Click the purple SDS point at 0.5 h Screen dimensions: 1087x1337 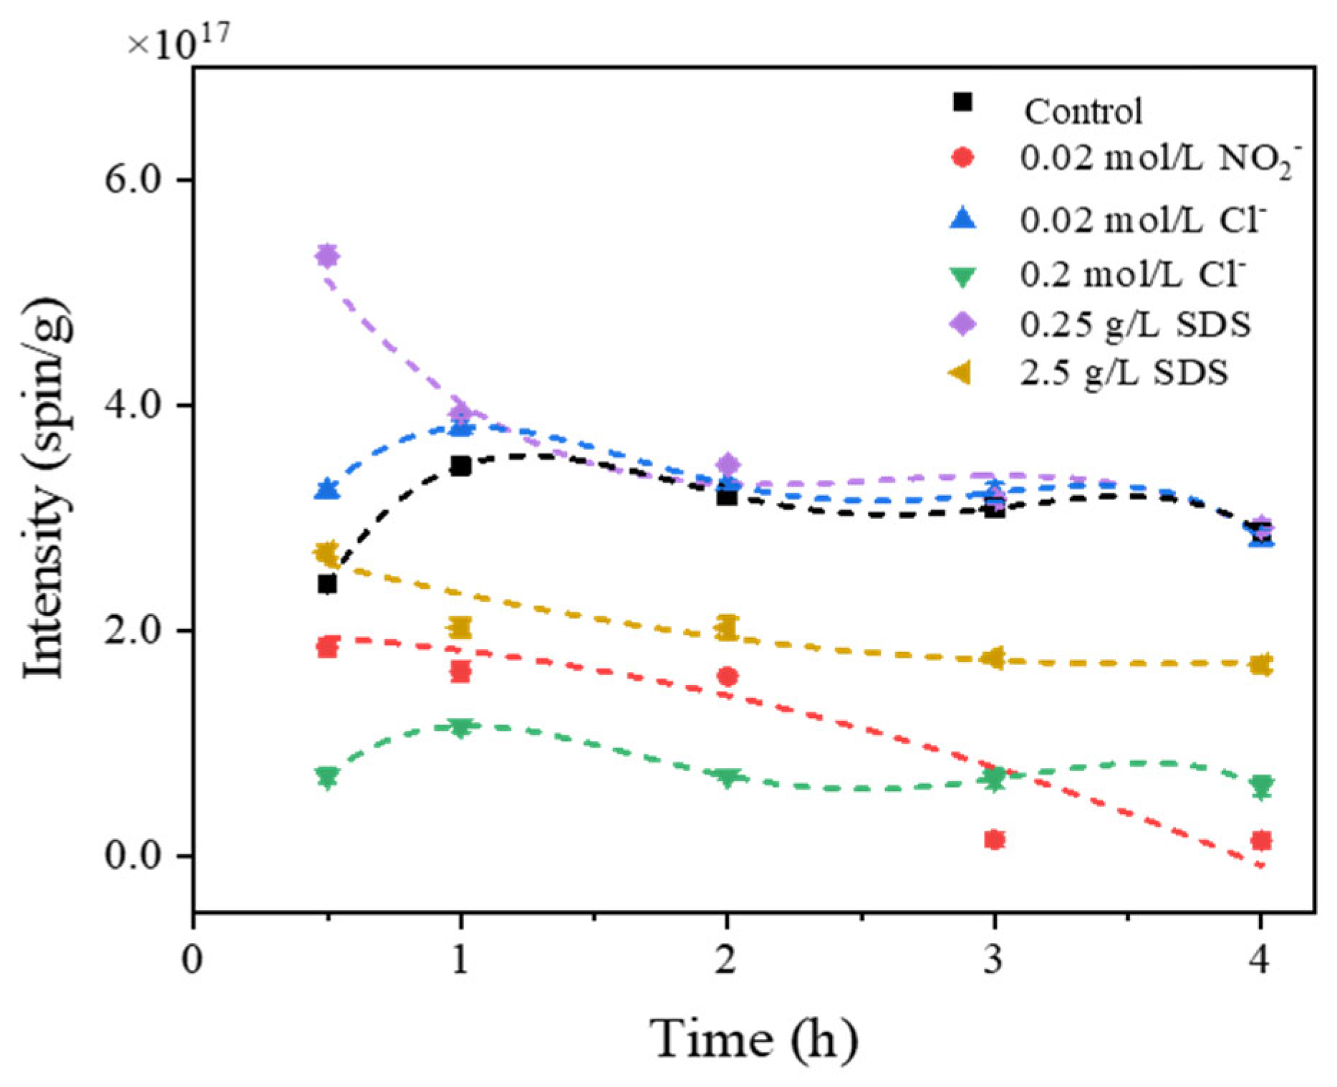click(x=327, y=256)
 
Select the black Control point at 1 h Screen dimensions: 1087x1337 click(x=460, y=466)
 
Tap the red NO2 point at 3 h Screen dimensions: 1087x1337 click(x=994, y=839)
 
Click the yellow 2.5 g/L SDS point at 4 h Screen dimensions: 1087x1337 click(x=1261, y=664)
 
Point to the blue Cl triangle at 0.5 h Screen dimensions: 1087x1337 click(x=327, y=489)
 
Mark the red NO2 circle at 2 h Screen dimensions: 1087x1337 click(x=728, y=676)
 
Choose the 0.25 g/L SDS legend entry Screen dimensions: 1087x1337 click(x=1135, y=324)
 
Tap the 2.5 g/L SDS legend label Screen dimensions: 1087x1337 click(x=1124, y=373)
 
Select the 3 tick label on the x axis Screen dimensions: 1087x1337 click(x=993, y=960)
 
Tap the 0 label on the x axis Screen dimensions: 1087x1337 click(x=193, y=960)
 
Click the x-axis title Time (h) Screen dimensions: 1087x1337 click(x=753, y=1038)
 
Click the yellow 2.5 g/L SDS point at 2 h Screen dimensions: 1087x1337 click(x=726, y=628)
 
